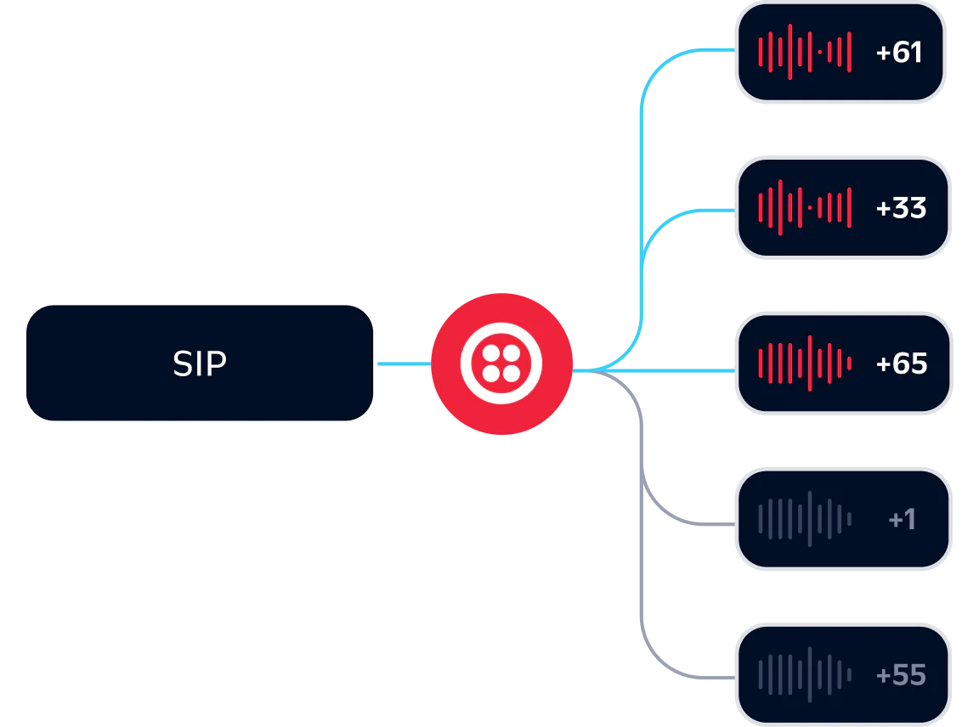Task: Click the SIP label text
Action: [x=200, y=363]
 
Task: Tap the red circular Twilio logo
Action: [x=501, y=363]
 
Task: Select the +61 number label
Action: [x=899, y=53]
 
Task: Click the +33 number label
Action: [x=901, y=208]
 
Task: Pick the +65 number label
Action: [x=902, y=363]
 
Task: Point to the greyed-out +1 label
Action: [x=902, y=519]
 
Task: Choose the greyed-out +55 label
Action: [x=901, y=675]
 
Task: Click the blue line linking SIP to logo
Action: [x=404, y=363]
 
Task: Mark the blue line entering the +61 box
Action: [x=697, y=51]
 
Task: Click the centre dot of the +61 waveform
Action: [x=820, y=52]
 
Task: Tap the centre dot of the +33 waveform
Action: [x=810, y=207]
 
